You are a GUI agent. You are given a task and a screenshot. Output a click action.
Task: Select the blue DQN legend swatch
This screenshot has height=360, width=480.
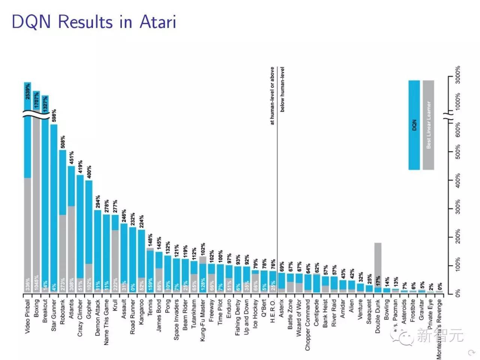[414, 125]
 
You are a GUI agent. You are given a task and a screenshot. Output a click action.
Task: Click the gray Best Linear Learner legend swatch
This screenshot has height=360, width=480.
[428, 125]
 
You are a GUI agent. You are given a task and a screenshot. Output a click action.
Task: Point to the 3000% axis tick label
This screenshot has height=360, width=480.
[458, 75]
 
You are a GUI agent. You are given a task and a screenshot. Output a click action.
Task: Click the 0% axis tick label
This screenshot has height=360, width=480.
[458, 293]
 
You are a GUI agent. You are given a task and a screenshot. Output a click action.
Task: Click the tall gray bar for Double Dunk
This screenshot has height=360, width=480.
[378, 262]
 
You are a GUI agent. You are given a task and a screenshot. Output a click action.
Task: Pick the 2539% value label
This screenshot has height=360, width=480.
[28, 91]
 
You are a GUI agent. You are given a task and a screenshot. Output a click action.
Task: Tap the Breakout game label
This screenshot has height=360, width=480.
[45, 311]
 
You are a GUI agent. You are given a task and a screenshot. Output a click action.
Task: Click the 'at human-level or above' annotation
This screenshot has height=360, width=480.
[272, 96]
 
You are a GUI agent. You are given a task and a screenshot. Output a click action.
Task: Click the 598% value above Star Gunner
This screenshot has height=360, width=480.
[54, 116]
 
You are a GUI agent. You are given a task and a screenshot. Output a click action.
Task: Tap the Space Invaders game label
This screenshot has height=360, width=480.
[176, 319]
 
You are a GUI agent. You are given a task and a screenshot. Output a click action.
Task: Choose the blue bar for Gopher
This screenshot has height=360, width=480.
[89, 221]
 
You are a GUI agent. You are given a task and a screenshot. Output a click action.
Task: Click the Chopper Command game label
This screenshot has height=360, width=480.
[308, 325]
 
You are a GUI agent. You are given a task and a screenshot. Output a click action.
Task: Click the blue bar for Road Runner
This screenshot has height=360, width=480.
[132, 259]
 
